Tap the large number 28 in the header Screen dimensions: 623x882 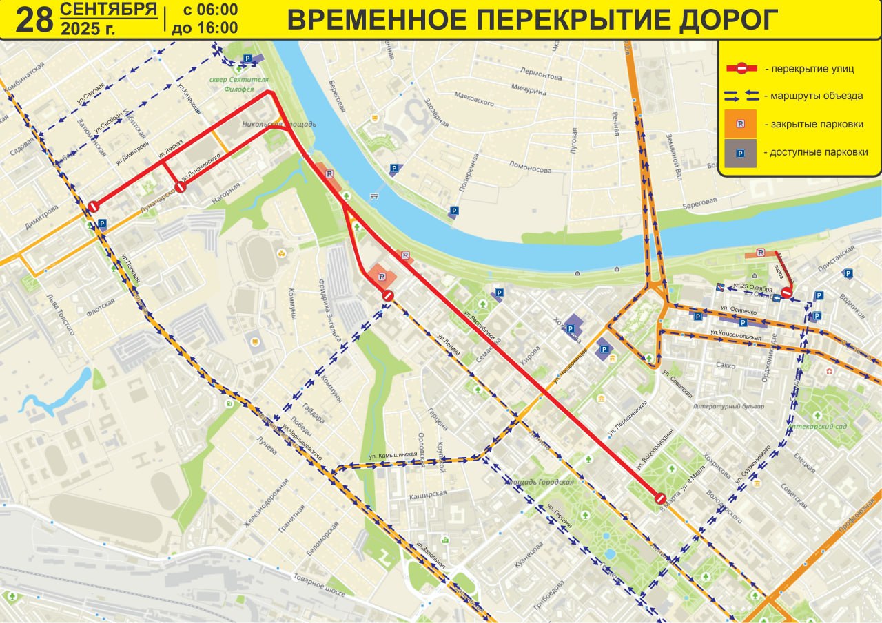pos(34,20)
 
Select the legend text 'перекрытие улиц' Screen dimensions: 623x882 pos(812,68)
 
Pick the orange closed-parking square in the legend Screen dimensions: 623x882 pos(740,125)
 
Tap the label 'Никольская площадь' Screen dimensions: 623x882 pos(279,125)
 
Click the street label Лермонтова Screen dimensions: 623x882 pos(542,75)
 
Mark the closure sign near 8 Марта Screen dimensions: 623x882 pos(659,497)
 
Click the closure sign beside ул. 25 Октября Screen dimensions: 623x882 pos(786,294)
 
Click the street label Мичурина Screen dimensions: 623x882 pos(529,90)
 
